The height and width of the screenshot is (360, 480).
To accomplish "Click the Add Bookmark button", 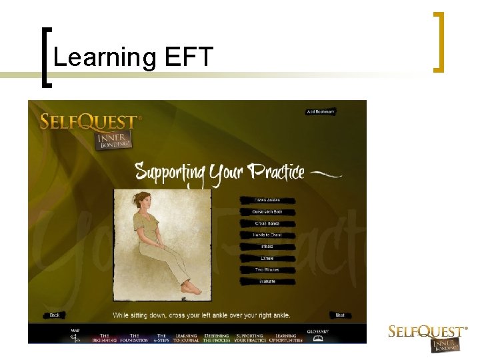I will tap(321, 112).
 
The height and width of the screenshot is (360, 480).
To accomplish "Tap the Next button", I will tap(340, 315).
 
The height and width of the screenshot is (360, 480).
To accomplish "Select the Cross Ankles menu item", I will tap(267, 200).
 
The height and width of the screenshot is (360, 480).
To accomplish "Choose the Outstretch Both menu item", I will tap(267, 212).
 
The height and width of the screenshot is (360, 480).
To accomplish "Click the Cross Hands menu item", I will tap(267, 223).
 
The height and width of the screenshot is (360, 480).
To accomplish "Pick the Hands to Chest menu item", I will tap(267, 235).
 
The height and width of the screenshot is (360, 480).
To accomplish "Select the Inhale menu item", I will tap(267, 247).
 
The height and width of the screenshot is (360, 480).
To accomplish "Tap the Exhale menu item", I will tap(267, 258).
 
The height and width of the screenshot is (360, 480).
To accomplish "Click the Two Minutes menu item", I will tap(267, 270).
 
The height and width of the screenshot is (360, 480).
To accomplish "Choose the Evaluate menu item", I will tap(267, 281).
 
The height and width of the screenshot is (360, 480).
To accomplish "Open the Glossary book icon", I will tap(318, 338).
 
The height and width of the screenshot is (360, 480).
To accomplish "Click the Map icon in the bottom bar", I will tap(75, 337).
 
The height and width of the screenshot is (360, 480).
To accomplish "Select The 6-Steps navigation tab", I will tap(161, 338).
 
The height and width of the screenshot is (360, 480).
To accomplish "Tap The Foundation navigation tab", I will tap(134, 338).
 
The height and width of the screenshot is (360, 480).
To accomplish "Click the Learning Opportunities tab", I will tap(285, 338).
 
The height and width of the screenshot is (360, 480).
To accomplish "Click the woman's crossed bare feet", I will tap(191, 288).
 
